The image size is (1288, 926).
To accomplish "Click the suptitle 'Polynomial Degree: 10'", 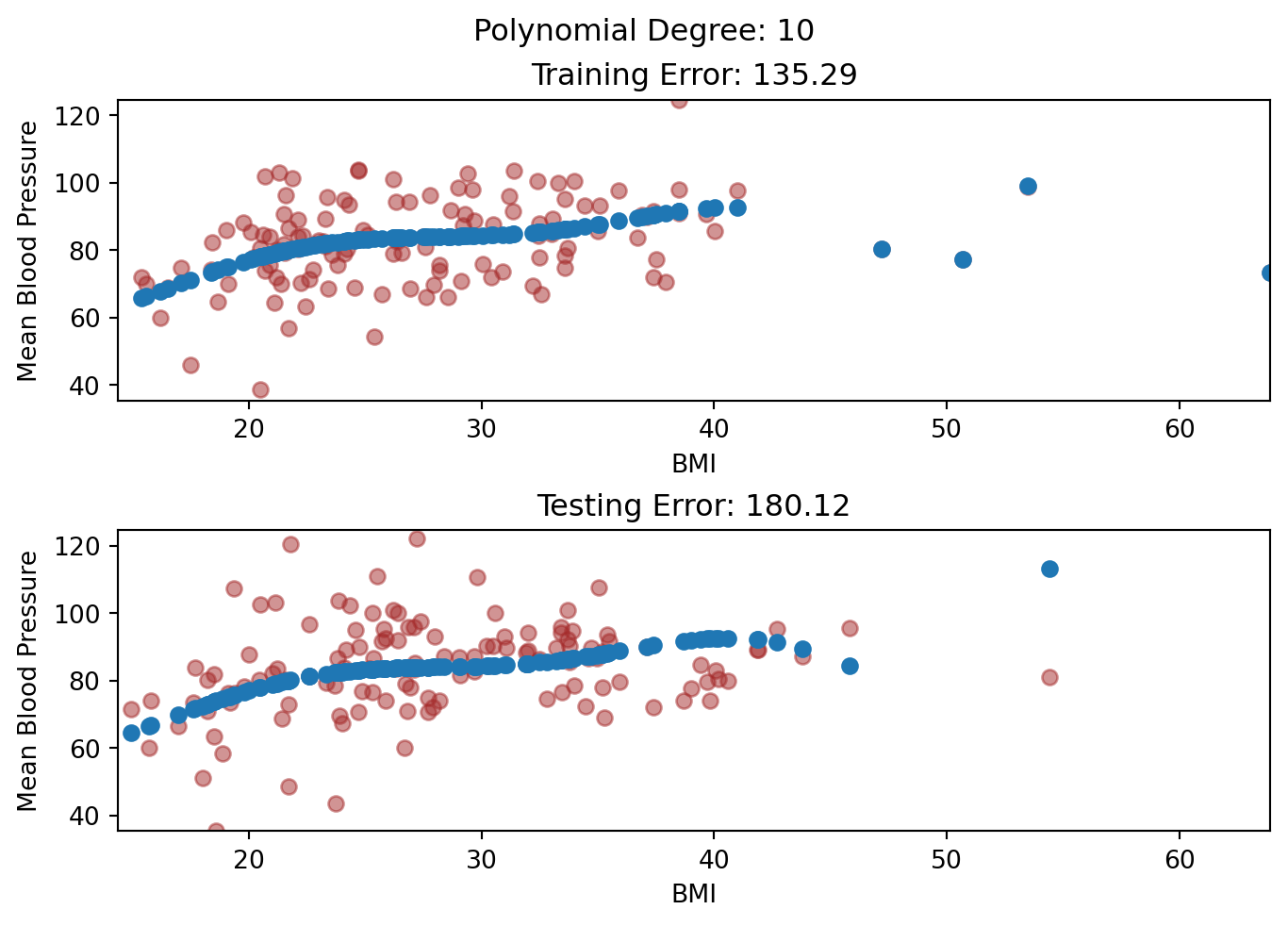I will click(x=643, y=31).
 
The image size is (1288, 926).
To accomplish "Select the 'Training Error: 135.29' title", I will click(x=694, y=74).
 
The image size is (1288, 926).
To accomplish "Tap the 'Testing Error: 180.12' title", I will click(x=694, y=506).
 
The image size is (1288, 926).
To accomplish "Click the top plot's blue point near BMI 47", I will click(x=882, y=249).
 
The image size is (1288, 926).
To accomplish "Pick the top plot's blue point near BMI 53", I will click(x=1028, y=186).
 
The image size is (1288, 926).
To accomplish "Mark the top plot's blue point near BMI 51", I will click(x=963, y=259).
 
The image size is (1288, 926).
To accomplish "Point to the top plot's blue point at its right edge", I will click(x=1268, y=273).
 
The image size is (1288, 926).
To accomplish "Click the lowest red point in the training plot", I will click(x=260, y=389).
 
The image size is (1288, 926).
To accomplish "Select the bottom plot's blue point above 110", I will click(x=1049, y=569).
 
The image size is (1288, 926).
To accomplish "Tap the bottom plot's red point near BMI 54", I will click(x=1049, y=677).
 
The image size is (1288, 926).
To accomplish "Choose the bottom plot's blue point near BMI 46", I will click(x=850, y=666).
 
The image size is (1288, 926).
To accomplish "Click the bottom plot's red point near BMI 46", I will click(x=850, y=628).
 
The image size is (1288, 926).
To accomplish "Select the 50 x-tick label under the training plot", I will click(x=947, y=428).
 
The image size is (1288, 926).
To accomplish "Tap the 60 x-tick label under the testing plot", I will click(x=1180, y=859).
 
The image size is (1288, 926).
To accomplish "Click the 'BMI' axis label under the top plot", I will click(x=694, y=463).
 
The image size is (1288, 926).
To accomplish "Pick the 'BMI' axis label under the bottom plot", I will click(x=694, y=894).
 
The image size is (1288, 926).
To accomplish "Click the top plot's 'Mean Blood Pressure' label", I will click(x=28, y=251).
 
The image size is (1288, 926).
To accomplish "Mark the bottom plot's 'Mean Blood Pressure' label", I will click(x=28, y=681).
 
